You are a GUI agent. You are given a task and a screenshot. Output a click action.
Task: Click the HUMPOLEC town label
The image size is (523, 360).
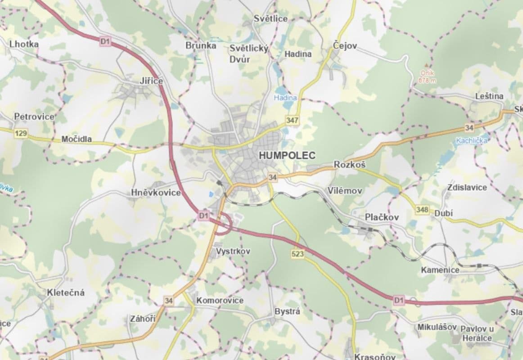287,155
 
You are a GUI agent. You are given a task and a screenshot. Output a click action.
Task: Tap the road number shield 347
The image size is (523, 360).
292,121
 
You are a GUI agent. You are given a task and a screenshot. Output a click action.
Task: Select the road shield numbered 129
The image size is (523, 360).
21,133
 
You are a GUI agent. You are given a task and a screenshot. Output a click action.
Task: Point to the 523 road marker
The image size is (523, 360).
298,254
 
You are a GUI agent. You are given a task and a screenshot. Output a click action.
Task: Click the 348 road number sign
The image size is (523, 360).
422,209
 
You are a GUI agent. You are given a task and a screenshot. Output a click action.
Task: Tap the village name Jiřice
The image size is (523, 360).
151,81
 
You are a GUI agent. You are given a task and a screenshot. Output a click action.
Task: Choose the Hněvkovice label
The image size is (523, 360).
156,193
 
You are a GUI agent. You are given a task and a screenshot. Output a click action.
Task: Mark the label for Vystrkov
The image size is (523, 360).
233,251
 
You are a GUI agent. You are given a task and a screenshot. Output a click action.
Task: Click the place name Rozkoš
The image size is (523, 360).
350,165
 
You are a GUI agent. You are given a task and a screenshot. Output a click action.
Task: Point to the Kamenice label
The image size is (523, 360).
440,270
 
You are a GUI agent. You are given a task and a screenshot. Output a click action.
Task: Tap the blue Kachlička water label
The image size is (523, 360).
471,140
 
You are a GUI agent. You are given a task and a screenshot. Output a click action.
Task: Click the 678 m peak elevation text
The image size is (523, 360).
427,80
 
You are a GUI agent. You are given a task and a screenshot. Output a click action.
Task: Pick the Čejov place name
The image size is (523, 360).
345,46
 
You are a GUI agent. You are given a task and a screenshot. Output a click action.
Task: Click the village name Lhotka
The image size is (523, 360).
24,44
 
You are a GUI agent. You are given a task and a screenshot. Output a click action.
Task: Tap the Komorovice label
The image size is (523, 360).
220,300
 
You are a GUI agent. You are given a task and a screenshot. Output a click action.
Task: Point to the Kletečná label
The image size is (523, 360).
66,292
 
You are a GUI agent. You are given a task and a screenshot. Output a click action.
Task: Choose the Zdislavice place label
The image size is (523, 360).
467,187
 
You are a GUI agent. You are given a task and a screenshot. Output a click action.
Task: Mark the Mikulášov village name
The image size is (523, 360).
437,327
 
